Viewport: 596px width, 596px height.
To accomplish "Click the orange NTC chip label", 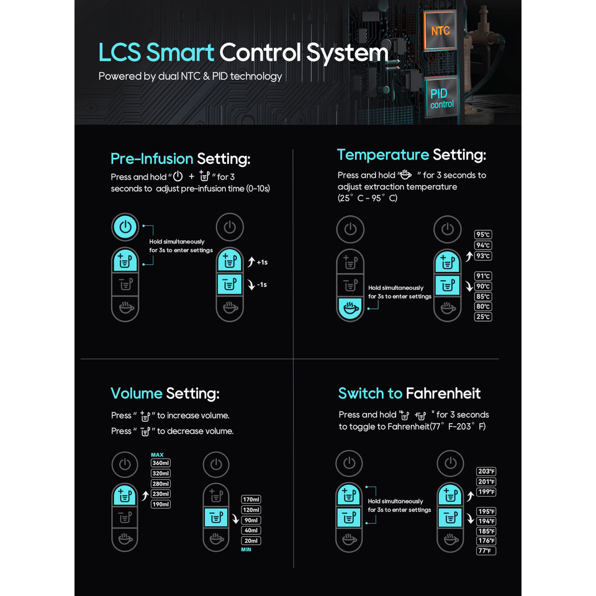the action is [x=440, y=30].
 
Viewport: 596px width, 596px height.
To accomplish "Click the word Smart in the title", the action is [x=180, y=53].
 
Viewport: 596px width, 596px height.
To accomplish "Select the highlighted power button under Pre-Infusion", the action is [x=125, y=227].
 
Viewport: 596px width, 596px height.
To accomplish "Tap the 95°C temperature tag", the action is [x=483, y=235].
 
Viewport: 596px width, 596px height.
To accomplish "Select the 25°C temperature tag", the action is [x=483, y=317].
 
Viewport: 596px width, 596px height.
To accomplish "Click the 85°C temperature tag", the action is [x=483, y=297].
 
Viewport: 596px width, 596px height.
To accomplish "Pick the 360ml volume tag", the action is [x=161, y=463].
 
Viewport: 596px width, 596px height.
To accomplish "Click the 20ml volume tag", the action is [x=251, y=541].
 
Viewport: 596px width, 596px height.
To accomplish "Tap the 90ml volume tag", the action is [x=251, y=520].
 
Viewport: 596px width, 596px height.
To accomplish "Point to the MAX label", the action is [x=157, y=454].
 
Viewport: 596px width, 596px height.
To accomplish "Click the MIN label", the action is [x=246, y=549].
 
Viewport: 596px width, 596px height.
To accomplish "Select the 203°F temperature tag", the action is [x=486, y=471].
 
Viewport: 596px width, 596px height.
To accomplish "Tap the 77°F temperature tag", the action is [x=486, y=551].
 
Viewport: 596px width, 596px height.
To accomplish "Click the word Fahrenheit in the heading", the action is [x=443, y=393].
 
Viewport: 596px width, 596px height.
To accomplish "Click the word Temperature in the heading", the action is [x=383, y=155].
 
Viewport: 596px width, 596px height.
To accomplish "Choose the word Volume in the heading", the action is [x=137, y=393].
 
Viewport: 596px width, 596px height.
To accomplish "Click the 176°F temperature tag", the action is [x=486, y=541].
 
